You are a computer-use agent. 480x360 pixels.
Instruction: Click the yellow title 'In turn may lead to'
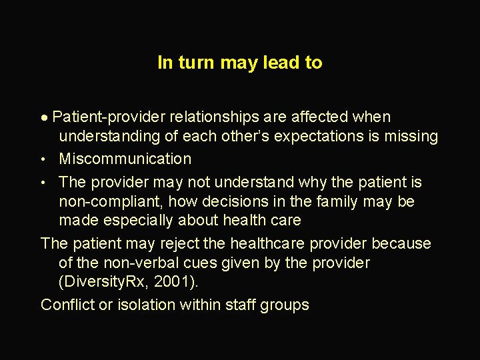(x=240, y=63)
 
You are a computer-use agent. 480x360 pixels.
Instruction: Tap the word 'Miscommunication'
(x=125, y=159)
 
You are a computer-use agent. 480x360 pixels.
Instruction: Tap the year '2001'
(x=171, y=281)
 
